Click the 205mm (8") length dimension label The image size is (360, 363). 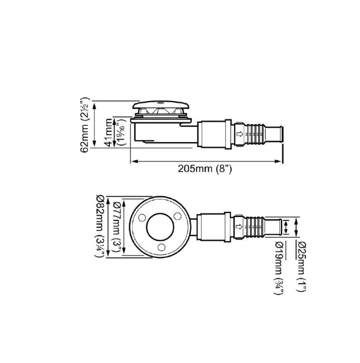point(205,169)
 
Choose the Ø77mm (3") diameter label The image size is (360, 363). point(118,225)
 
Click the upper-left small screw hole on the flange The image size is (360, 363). point(140,217)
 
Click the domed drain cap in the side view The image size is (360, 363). point(160,107)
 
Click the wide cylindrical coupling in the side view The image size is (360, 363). point(216,134)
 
